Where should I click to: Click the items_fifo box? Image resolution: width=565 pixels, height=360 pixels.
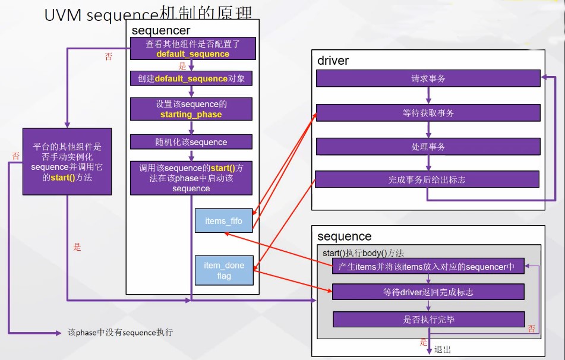pos(224,220)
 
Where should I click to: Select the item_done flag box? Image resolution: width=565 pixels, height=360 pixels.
pos(224,270)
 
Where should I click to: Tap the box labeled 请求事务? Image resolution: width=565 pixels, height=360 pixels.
pos(428,78)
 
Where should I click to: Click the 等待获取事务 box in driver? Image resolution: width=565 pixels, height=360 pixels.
pos(428,113)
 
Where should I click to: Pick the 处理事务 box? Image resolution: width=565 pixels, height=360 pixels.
pos(428,146)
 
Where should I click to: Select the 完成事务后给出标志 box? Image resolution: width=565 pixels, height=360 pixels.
pos(427,179)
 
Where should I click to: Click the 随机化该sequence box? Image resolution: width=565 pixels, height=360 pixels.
pos(191,142)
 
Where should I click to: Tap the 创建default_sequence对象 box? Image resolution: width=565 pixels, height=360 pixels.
pos(191,78)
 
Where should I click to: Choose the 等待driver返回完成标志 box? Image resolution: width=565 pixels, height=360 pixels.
pos(428,292)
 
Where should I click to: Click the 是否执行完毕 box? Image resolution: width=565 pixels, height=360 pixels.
pos(429,319)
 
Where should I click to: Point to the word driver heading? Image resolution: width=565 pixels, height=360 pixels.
pos(333,61)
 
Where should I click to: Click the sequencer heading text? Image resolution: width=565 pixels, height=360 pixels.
pos(161,30)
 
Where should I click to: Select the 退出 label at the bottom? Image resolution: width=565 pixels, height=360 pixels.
pos(443,349)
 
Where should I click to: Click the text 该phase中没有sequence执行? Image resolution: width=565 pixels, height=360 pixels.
pos(121,332)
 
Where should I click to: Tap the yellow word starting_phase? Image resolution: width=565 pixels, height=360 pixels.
pos(191,114)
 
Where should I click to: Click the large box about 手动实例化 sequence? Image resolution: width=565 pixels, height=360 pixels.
pos(67,162)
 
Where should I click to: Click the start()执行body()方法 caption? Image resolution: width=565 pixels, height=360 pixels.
pos(363,253)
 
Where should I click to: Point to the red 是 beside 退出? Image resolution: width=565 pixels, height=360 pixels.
pos(424,342)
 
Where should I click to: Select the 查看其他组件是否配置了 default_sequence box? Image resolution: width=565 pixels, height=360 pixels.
pos(192,49)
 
